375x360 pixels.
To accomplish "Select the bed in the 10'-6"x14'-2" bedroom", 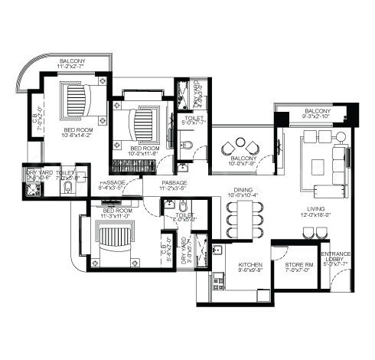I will pos(74,100).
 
